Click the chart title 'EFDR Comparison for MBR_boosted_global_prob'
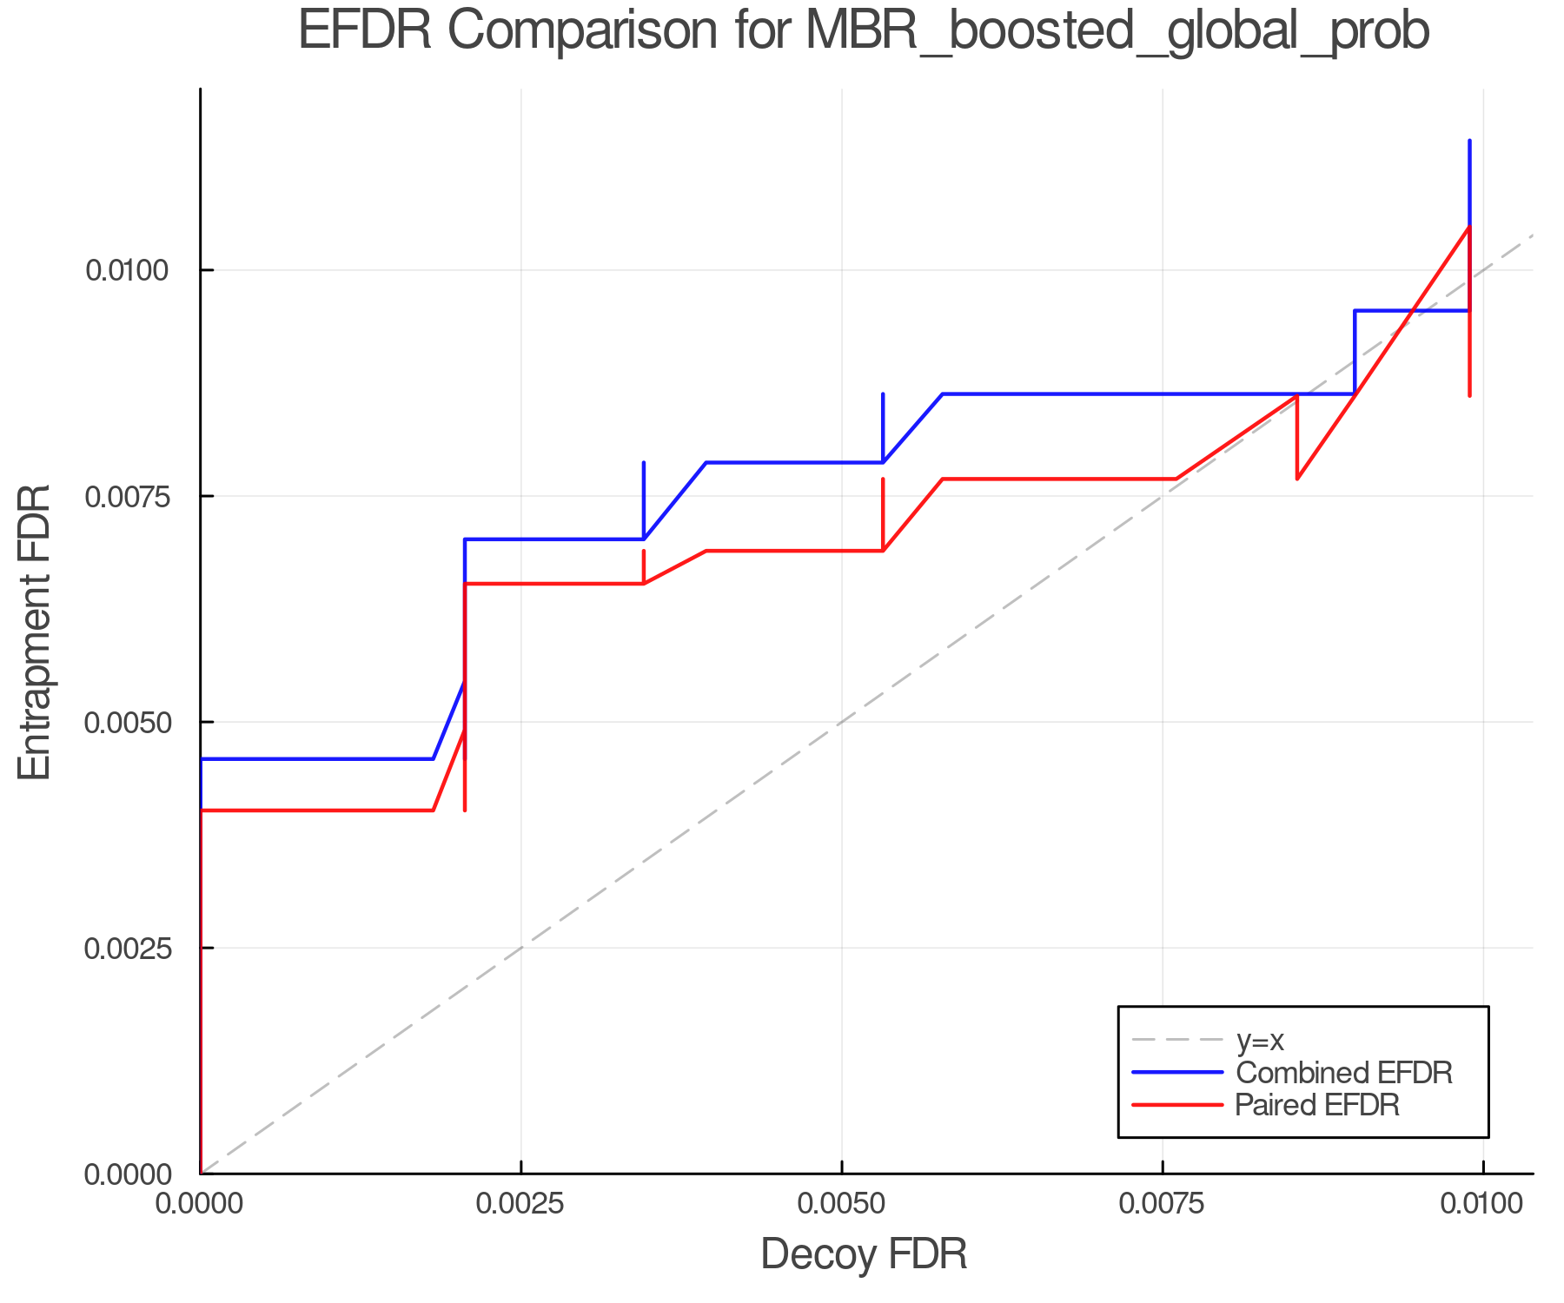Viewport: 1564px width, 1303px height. point(864,33)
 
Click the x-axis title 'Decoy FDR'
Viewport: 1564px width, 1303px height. point(864,1254)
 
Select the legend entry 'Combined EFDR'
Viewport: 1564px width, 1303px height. point(1343,1073)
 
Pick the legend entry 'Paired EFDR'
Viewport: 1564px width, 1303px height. point(1317,1105)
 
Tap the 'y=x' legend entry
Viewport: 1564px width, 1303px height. point(1259,1040)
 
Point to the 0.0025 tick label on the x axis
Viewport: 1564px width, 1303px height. point(520,1204)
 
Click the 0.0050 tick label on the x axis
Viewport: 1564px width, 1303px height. point(841,1204)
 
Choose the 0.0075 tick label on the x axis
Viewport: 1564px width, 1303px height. point(1163,1204)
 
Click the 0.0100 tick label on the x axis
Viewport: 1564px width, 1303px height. point(1482,1204)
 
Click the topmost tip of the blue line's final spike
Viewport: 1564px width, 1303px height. point(1469,141)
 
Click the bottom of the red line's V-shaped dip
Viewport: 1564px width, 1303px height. point(1297,479)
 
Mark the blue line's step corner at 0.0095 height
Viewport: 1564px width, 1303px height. point(1355,311)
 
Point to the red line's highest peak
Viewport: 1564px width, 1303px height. point(1469,227)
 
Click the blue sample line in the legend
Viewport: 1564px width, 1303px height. point(1177,1073)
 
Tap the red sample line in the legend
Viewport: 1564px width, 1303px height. point(1177,1105)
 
